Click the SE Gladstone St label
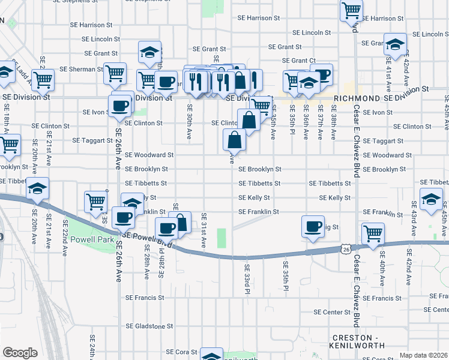(x=149, y=326)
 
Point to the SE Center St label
(x=332, y=313)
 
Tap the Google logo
(x=20, y=353)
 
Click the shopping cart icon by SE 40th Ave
(x=373, y=233)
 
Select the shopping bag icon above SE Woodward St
(x=235, y=140)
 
